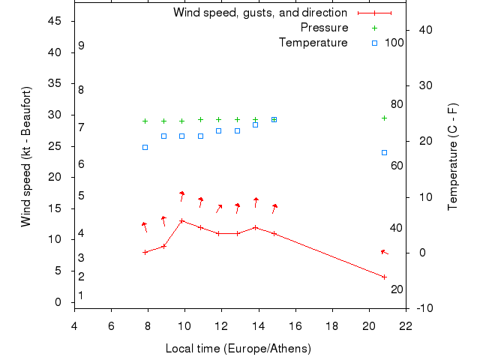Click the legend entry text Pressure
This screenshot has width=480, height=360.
(324, 28)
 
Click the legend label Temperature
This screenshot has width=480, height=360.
(313, 43)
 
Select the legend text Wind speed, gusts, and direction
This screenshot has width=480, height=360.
(260, 13)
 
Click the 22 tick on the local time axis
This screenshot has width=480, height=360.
(406, 325)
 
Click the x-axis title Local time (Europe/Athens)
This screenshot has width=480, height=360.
(238, 349)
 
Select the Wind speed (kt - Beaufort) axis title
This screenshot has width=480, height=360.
(26, 157)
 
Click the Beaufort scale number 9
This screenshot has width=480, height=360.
(81, 46)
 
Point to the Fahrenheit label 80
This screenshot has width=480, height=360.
(397, 104)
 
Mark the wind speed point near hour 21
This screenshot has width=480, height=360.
(384, 277)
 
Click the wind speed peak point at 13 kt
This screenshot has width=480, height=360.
(182, 220)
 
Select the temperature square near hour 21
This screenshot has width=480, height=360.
(384, 152)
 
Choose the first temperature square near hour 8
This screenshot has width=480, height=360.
(145, 147)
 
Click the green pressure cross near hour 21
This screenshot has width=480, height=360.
(384, 118)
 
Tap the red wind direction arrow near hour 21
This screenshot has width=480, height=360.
(384, 252)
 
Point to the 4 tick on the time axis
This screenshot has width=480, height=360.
(74, 325)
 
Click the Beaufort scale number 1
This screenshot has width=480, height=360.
(81, 295)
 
